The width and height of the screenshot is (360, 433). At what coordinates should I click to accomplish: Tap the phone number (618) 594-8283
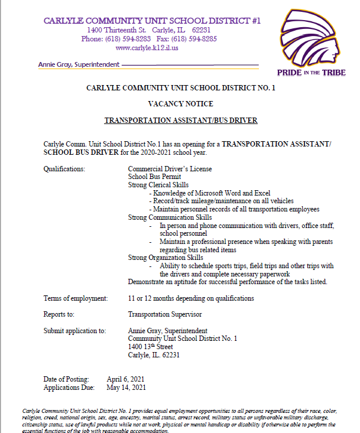coord(128,39)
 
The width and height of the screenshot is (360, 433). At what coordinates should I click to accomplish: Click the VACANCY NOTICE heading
coord(180,103)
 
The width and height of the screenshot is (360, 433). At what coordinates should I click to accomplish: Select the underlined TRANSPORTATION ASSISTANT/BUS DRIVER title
coord(181,120)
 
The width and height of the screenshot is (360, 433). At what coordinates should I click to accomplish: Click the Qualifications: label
coord(64,169)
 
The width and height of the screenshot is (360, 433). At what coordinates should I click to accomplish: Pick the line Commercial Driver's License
coord(170,169)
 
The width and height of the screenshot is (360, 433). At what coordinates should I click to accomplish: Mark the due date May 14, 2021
coord(126,388)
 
